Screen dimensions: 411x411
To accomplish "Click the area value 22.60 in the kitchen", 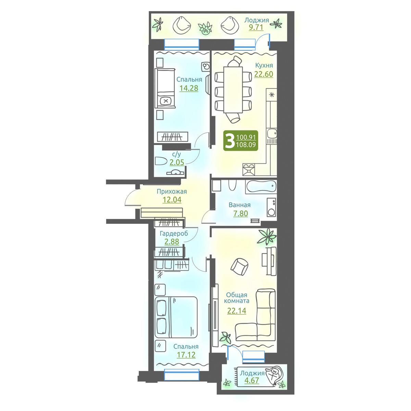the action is (x=264, y=74).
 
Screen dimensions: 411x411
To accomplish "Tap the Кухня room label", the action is (x=264, y=65).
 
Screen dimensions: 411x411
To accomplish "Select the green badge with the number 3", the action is (x=240, y=140).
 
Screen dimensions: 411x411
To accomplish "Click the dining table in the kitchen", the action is (x=233, y=90).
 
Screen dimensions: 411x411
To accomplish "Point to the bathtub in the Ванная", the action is (x=261, y=187).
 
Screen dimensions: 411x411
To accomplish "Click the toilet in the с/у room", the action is (x=161, y=161).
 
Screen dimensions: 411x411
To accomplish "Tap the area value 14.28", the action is (x=189, y=88).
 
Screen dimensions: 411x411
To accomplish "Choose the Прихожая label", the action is (x=172, y=191).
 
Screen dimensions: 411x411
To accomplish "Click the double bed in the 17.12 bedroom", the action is (x=176, y=317).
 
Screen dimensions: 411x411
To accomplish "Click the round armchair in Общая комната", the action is (x=240, y=266).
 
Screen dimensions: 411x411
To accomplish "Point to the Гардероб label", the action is (x=174, y=234).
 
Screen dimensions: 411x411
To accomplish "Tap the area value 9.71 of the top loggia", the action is (x=256, y=27).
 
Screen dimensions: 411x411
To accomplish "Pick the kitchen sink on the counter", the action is (x=272, y=134).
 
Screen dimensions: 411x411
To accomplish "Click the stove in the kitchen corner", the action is (x=249, y=170).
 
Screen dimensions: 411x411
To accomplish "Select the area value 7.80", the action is (x=240, y=213).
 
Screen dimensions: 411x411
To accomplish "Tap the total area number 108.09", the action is (x=246, y=145).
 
